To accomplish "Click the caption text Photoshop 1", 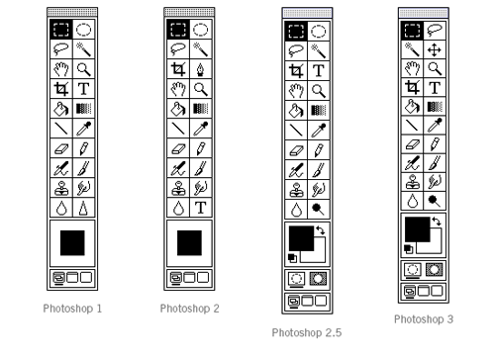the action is [x=73, y=309].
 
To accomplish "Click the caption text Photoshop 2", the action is [x=190, y=309].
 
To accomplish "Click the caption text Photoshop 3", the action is [x=424, y=319].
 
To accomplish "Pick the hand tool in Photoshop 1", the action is [x=62, y=68].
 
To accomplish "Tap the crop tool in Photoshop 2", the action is [x=179, y=68].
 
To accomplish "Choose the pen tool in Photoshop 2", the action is [x=201, y=68].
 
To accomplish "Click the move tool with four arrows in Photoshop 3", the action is [x=434, y=48].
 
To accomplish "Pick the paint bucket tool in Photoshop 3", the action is [x=413, y=107].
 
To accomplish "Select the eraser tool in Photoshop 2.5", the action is [x=297, y=148].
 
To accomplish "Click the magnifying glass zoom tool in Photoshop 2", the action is [x=201, y=88].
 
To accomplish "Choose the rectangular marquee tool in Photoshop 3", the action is [x=413, y=30].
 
